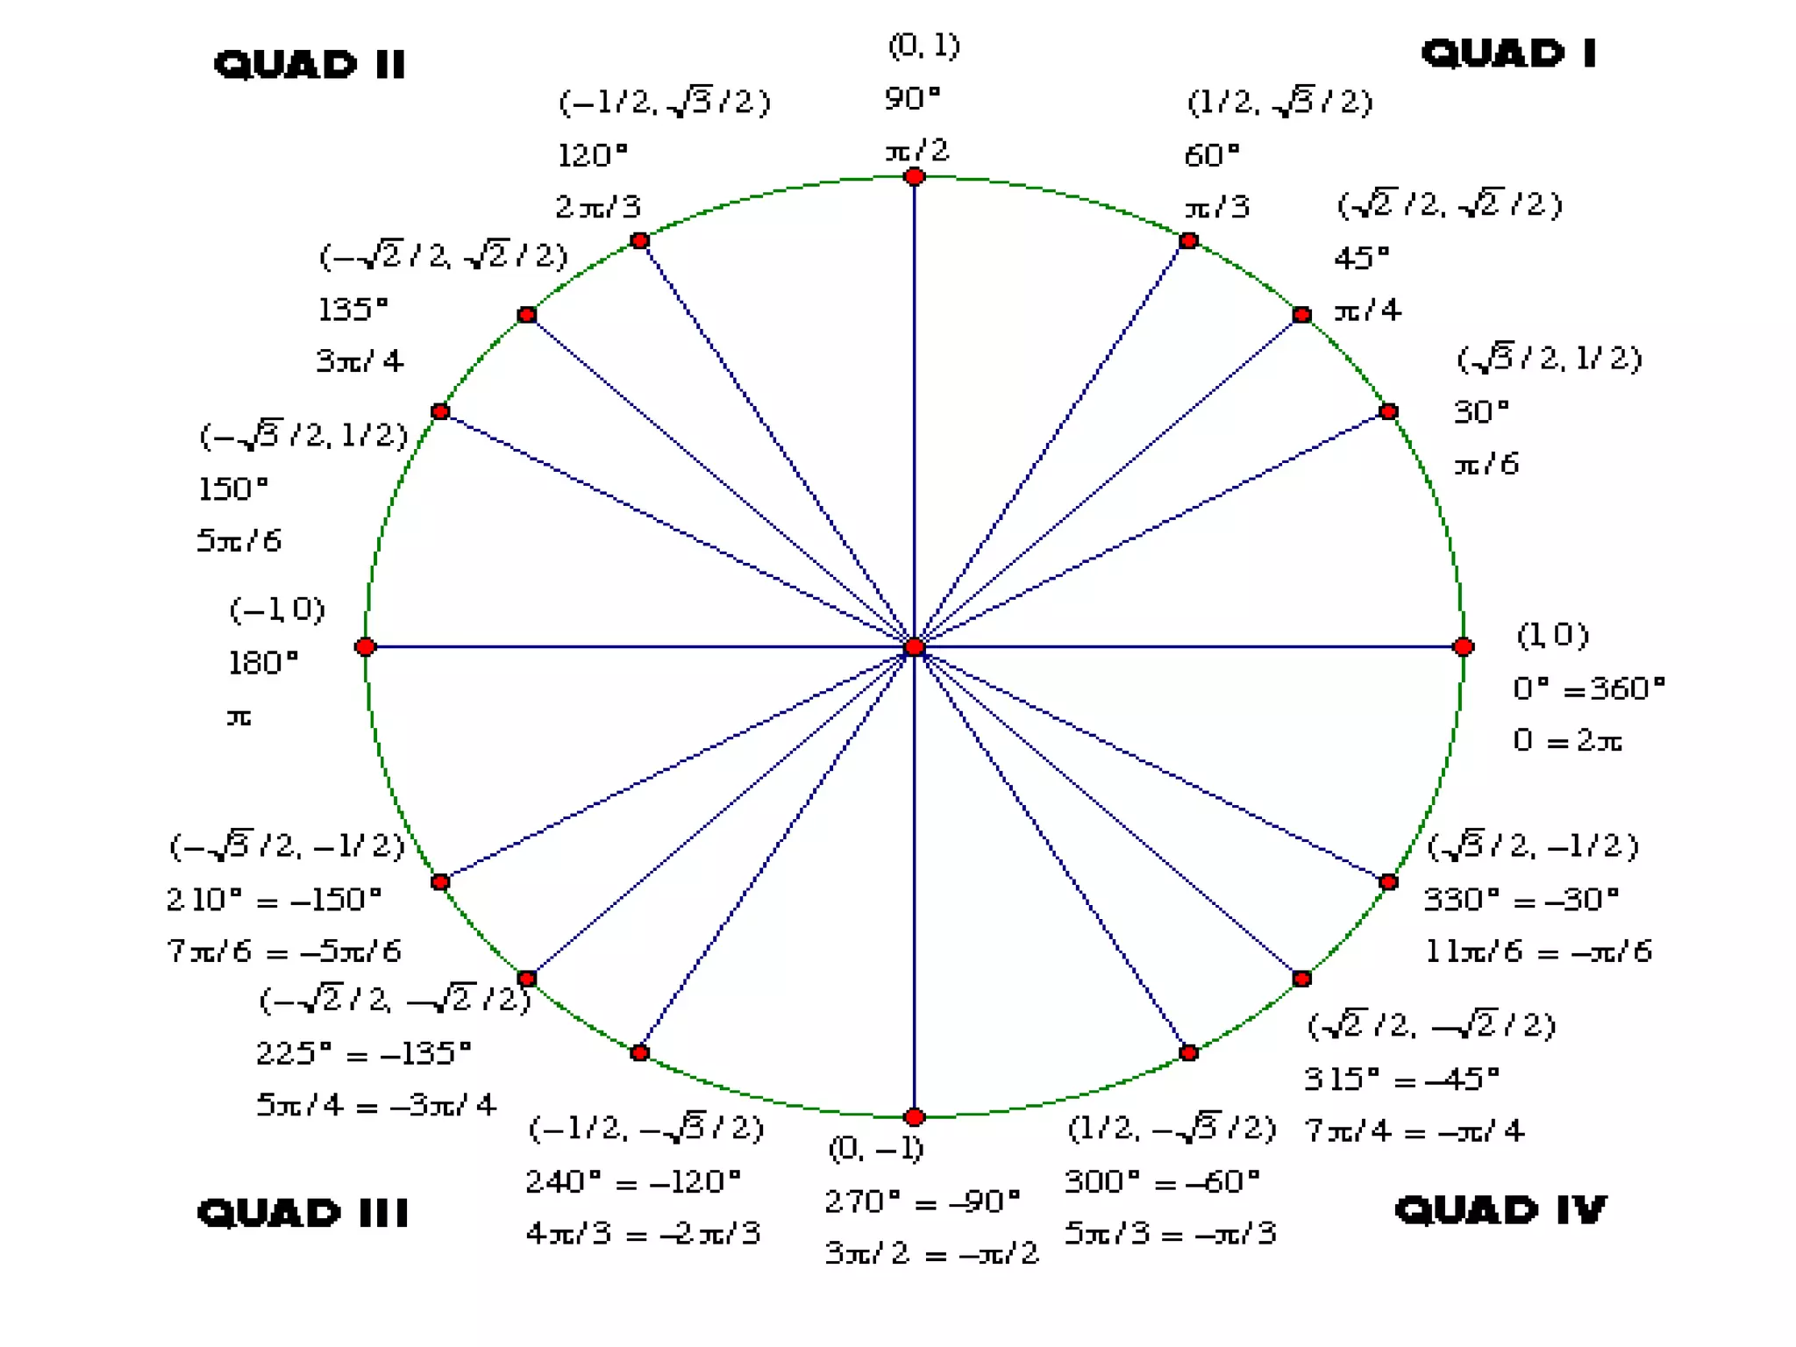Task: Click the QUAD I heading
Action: [1508, 53]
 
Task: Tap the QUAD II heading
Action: [310, 64]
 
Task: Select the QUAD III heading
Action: [303, 1213]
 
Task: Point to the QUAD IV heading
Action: [1500, 1210]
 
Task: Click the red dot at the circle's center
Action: [915, 647]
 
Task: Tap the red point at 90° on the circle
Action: [915, 177]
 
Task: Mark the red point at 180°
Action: [366, 647]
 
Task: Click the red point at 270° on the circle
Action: [915, 1117]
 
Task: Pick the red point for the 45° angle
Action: [1302, 315]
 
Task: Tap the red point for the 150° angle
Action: [440, 411]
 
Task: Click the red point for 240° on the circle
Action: [640, 1052]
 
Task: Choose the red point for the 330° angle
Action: [1388, 881]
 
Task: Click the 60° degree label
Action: [1212, 155]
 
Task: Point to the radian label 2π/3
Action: [598, 207]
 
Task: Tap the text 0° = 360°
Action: [1588, 688]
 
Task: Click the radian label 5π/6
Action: [239, 540]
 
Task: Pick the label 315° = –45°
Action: [1401, 1078]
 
